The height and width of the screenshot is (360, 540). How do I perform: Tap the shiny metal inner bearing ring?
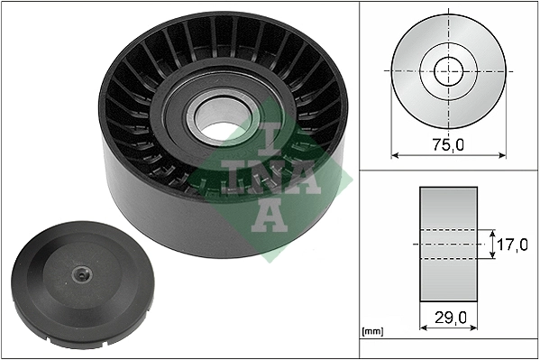(200, 108)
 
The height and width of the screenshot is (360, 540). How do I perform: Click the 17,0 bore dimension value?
(513, 244)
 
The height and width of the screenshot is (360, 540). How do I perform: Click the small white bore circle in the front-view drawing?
(448, 70)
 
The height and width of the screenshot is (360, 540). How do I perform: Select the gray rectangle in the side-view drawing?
(449, 244)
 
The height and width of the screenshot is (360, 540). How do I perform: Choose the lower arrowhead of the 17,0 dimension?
(494, 257)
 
